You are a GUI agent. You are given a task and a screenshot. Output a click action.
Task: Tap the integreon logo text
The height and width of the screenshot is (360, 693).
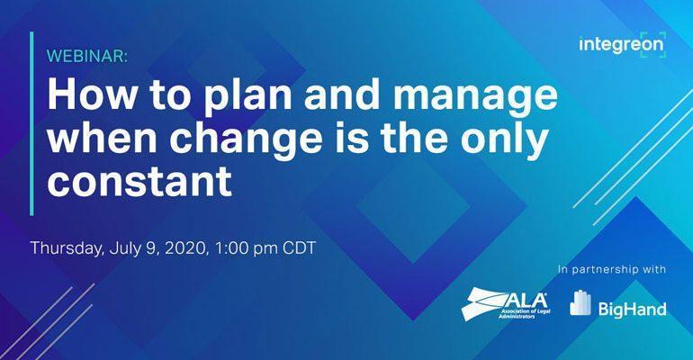point(621,46)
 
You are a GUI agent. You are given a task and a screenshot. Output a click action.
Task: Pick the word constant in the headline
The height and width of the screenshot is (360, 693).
point(139,180)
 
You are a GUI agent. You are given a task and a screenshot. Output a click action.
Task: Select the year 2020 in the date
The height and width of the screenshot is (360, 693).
point(185,248)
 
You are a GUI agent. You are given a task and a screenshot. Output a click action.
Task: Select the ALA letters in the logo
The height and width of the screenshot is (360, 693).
point(523,301)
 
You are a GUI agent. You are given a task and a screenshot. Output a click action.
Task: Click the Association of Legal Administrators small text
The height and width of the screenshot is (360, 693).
point(518,313)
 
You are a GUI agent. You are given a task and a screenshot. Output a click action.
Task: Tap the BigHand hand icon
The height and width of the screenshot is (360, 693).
point(580,302)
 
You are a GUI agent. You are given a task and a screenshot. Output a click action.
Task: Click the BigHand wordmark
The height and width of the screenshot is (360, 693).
point(633,309)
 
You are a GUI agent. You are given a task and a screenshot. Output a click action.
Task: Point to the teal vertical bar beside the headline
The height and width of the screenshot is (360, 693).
point(31,123)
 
